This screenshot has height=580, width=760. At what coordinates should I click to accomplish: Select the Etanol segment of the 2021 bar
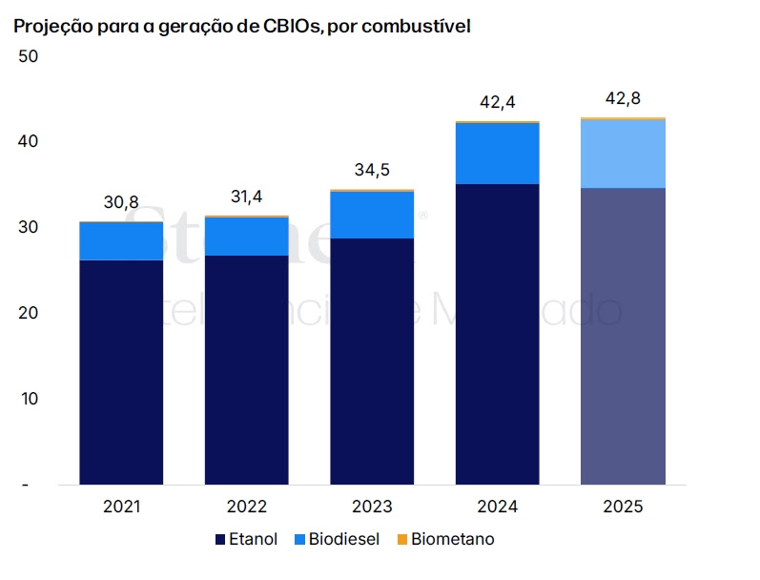pos(121,372)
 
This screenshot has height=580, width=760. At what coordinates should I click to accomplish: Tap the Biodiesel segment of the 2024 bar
pos(498,154)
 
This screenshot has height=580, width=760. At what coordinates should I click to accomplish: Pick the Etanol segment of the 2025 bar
pos(623,336)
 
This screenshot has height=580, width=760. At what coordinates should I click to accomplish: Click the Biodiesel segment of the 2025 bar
pos(623,154)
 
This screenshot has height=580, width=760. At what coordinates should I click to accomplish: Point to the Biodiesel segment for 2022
pos(246,237)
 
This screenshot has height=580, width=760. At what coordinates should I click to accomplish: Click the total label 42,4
pos(498,102)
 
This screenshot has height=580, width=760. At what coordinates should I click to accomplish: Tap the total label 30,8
pos(121,202)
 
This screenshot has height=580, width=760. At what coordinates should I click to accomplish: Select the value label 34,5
pos(372,171)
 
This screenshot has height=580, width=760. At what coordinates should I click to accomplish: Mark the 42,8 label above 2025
pos(623,98)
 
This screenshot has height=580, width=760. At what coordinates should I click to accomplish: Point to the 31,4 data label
pos(246,197)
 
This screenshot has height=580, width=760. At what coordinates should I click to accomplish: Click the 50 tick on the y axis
pos(28,56)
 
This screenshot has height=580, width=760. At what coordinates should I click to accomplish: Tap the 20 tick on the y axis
pos(28,313)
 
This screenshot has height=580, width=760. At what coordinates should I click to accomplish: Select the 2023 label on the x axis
pos(372,507)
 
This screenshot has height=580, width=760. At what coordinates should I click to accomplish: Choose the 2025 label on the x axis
pos(623,507)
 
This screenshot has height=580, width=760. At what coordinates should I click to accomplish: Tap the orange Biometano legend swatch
pos(401,540)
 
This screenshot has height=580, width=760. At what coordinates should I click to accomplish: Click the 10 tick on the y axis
pos(28,399)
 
